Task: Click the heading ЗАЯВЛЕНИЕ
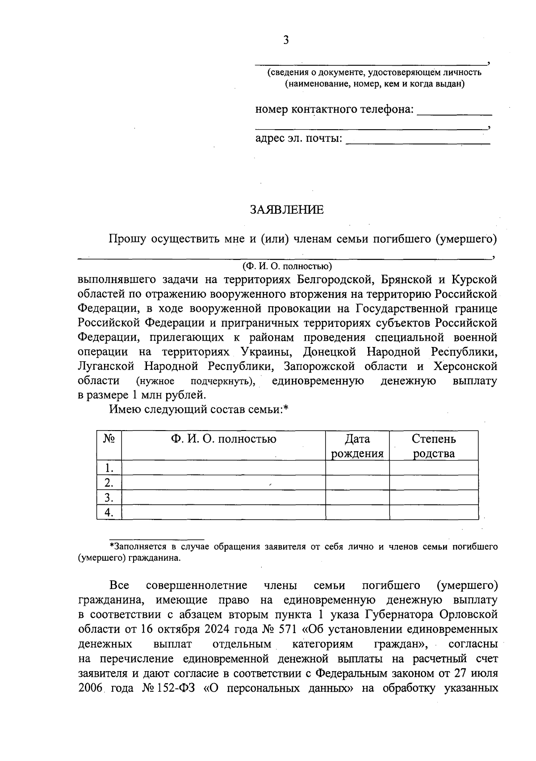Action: point(286,210)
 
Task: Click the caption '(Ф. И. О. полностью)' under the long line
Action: point(287,266)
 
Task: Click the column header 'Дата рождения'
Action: point(357,446)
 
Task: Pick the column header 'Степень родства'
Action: point(433,446)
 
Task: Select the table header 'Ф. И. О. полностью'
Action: point(223,439)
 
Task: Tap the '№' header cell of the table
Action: point(109,439)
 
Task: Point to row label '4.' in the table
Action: point(108,512)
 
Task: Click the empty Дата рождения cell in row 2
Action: point(357,483)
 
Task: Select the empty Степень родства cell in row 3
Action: point(433,498)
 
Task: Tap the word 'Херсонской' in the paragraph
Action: point(465,367)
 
